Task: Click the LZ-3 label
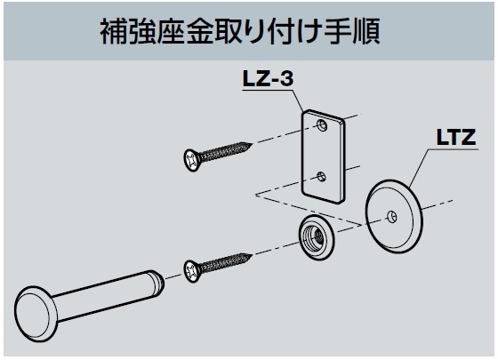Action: coord(268,78)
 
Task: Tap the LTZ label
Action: coord(456,137)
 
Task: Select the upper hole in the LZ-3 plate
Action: coord(322,125)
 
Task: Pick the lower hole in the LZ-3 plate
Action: coord(321,176)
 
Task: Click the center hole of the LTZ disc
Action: coord(392,217)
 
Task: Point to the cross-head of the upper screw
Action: coord(192,160)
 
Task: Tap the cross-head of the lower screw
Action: coord(192,271)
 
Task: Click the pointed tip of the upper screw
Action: coord(252,145)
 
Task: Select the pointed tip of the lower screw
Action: coord(252,255)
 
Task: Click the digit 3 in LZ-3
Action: coord(286,78)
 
